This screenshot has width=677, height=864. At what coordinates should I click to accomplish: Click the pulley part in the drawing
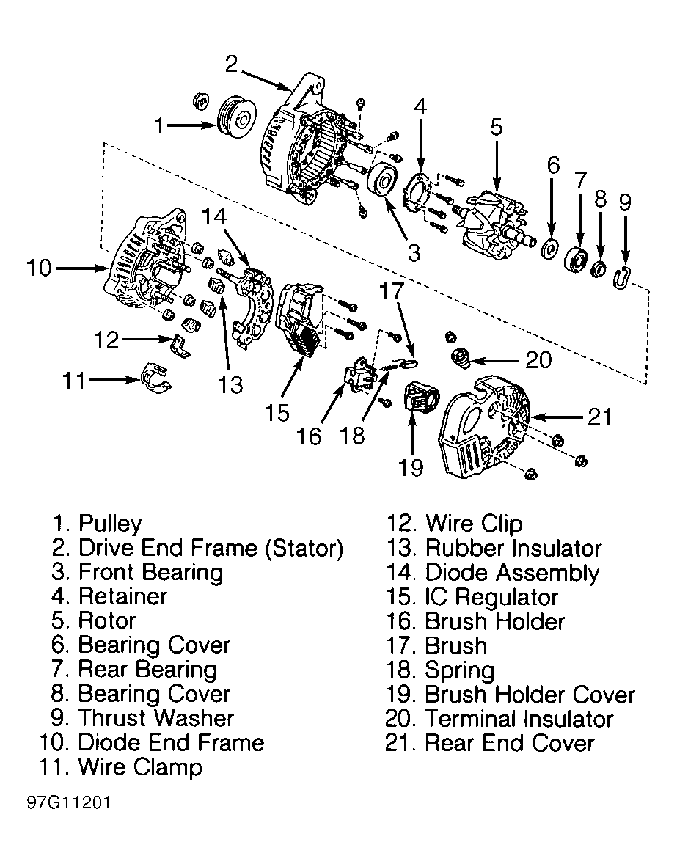click(x=236, y=118)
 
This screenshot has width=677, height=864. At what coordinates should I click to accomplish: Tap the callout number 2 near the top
click(x=231, y=64)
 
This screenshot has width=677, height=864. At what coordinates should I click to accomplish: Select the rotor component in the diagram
click(x=497, y=225)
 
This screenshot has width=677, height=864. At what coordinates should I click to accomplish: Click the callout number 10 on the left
click(x=39, y=268)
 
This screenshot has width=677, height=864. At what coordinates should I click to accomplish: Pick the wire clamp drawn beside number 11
click(x=155, y=378)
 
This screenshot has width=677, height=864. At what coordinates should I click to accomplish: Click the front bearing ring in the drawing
click(x=381, y=178)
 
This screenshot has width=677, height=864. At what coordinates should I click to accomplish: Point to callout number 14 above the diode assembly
click(x=213, y=216)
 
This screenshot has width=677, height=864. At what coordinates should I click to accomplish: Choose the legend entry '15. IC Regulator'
click(x=472, y=597)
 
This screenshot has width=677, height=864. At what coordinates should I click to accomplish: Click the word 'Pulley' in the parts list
click(x=110, y=524)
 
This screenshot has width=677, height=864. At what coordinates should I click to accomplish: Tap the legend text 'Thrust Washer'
click(x=156, y=718)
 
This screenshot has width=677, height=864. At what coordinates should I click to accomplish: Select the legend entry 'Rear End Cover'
click(x=510, y=743)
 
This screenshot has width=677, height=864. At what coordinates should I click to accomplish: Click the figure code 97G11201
click(x=69, y=802)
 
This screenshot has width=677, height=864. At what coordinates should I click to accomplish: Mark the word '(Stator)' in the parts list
click(x=304, y=549)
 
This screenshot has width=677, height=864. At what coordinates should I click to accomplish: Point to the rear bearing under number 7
click(x=576, y=260)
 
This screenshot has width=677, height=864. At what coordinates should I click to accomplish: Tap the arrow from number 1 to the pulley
click(x=191, y=125)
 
